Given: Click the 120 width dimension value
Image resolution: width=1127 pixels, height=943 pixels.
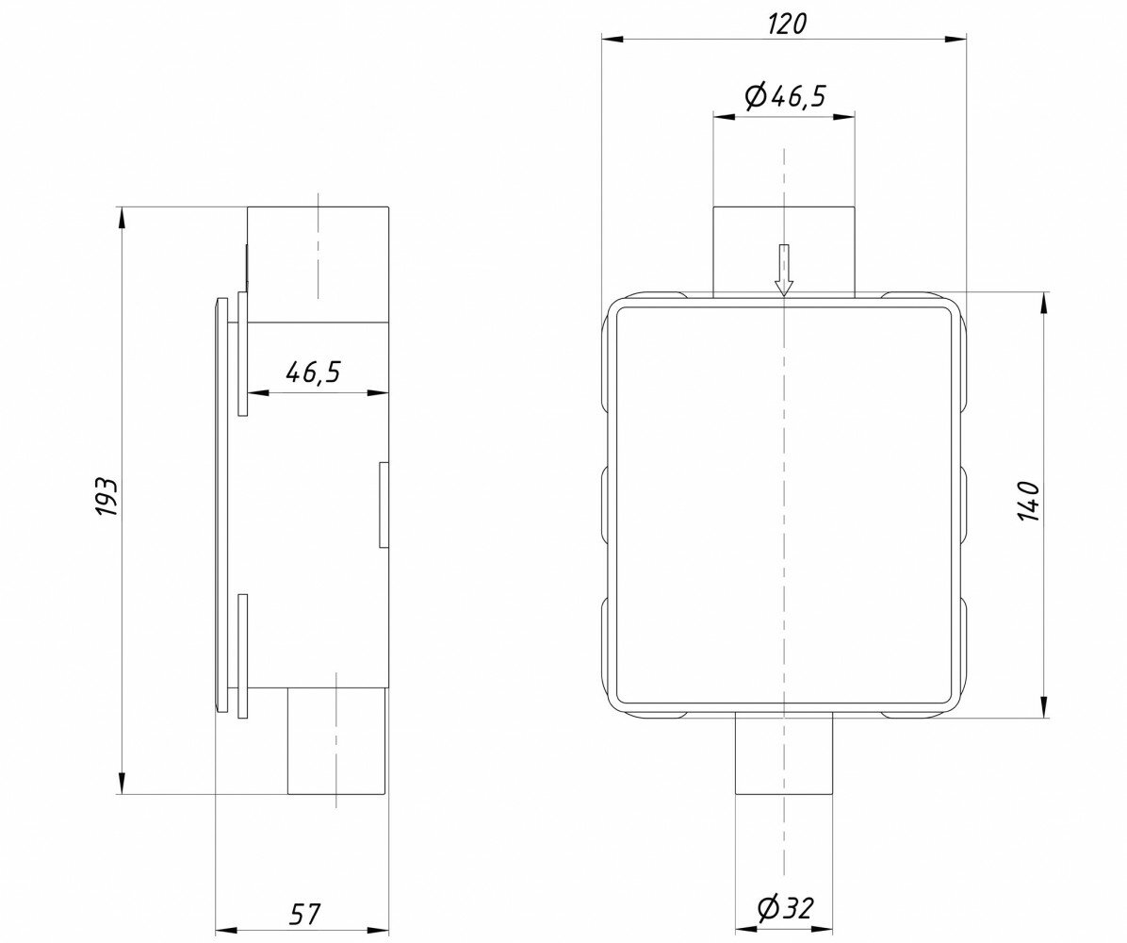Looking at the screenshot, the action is (x=788, y=24).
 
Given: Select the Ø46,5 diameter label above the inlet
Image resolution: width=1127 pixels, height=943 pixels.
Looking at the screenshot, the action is (x=786, y=95).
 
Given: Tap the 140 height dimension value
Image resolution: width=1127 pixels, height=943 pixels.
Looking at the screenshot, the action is (x=1029, y=502).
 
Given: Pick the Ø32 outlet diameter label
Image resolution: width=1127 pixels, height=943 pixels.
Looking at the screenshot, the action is (x=784, y=908).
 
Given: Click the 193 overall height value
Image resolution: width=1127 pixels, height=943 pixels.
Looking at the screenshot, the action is (x=106, y=496).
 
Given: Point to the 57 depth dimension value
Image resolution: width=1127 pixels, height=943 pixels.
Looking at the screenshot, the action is (x=304, y=914).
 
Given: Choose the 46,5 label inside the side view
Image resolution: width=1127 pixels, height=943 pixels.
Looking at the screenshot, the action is (x=313, y=372).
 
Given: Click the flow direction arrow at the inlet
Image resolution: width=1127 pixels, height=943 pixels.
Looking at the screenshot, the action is (x=784, y=270).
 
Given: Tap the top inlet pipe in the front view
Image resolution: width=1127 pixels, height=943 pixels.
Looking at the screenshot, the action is (x=784, y=253).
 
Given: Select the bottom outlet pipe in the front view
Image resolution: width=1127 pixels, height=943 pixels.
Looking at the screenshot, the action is (x=784, y=753).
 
